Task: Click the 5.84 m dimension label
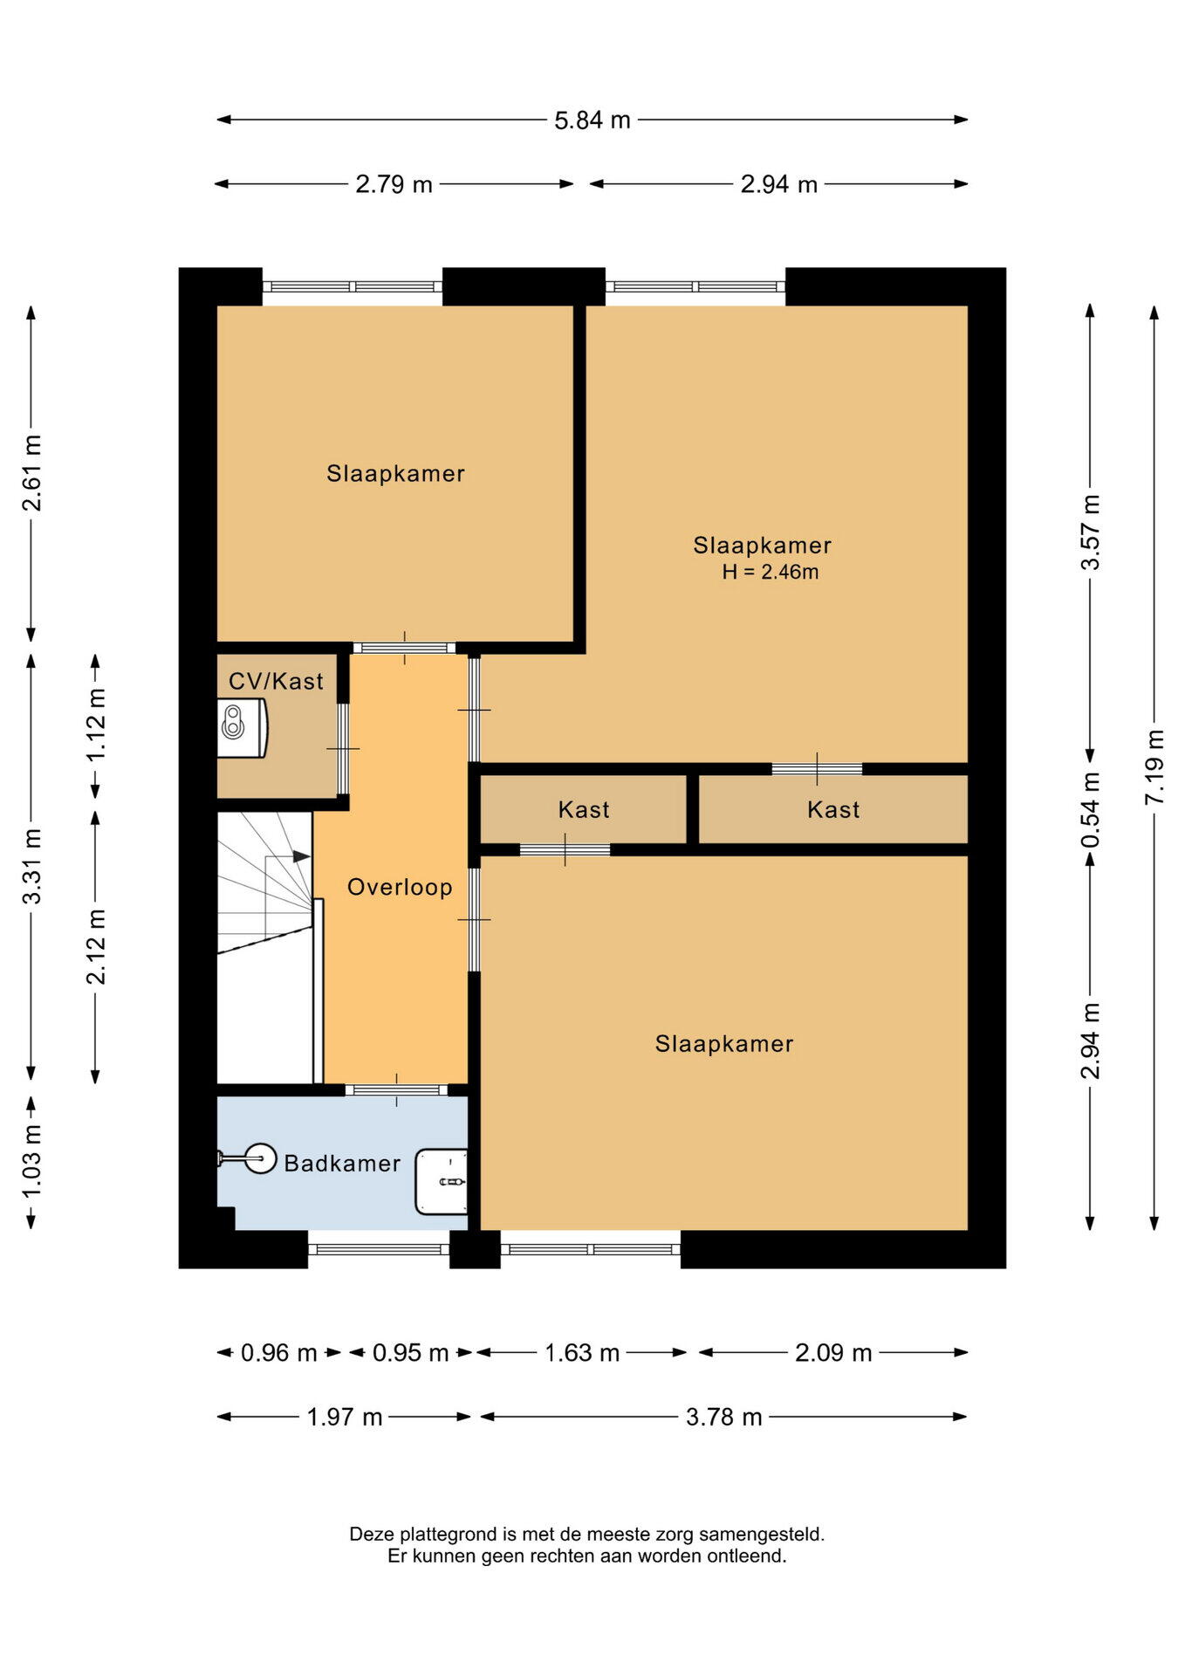592,120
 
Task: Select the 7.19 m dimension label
1154,767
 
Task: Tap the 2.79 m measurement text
394,184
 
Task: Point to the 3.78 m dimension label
723,1417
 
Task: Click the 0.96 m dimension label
278,1353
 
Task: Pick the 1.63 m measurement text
582,1353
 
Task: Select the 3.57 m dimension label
1091,532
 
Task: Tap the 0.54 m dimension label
1091,810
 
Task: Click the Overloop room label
400,887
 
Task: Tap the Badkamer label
342,1163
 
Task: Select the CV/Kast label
276,681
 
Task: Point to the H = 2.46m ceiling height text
770,572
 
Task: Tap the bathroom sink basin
442,1181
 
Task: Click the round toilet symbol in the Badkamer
260,1158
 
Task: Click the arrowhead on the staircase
302,856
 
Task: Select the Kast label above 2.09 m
833,809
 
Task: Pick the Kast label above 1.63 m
584,809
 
